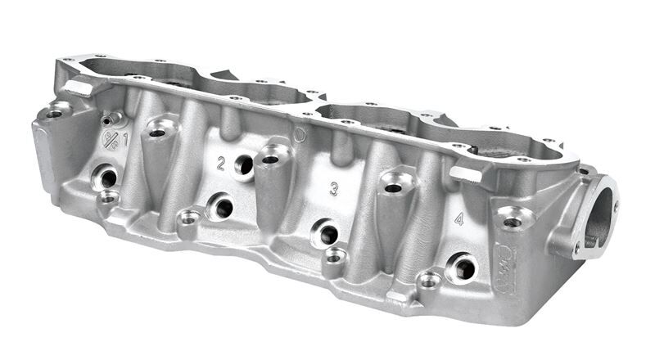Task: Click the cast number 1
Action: (125, 138)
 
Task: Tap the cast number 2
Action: (220, 163)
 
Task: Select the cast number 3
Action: (333, 189)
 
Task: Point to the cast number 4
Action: (458, 219)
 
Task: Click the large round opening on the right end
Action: (599, 218)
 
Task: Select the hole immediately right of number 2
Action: (243, 166)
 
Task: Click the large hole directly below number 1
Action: (107, 178)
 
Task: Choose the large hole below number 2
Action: (222, 208)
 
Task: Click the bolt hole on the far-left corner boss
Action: (54, 114)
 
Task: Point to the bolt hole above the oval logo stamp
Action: (513, 222)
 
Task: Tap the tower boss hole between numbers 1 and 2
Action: (157, 133)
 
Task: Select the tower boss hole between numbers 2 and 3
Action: (270, 159)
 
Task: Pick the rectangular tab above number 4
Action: (464, 174)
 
